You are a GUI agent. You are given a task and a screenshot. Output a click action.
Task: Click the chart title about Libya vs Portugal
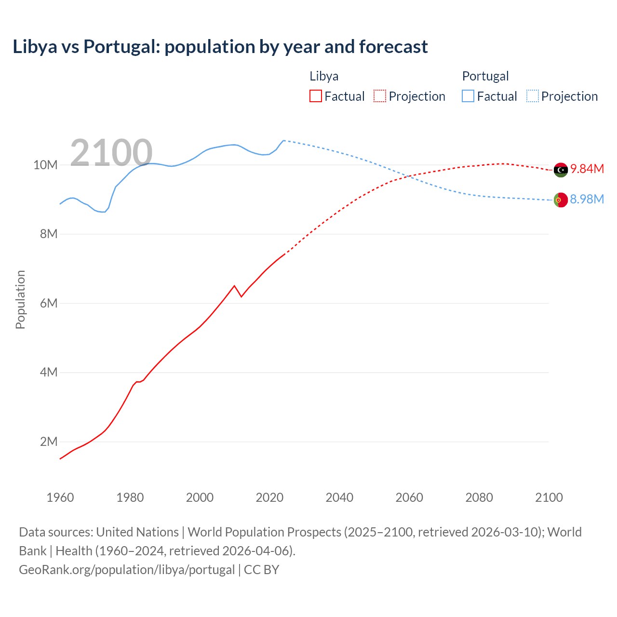(x=220, y=47)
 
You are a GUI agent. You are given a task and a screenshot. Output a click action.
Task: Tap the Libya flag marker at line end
(x=561, y=170)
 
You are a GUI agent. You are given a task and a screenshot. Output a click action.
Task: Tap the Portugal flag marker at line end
(x=561, y=200)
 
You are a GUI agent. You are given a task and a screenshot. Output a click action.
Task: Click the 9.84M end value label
(x=587, y=169)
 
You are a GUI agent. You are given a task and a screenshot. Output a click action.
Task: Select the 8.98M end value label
(x=587, y=199)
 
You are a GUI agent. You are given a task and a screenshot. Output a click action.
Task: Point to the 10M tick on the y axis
(x=45, y=165)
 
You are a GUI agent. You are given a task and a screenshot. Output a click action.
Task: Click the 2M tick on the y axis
(x=48, y=442)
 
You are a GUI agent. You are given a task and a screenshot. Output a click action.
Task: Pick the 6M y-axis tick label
(x=48, y=303)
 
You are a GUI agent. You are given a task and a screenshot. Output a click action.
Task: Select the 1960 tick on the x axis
(x=60, y=497)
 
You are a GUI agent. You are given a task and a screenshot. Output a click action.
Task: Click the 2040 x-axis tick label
(x=339, y=497)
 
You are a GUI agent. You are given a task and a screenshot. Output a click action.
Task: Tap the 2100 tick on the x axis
(x=549, y=497)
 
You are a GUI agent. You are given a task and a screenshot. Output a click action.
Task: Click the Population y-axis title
(x=20, y=299)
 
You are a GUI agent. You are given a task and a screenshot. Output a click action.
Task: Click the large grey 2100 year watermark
(x=111, y=153)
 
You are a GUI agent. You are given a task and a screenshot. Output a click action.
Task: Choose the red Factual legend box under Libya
(x=315, y=96)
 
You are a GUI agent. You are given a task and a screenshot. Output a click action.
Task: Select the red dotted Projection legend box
(x=380, y=96)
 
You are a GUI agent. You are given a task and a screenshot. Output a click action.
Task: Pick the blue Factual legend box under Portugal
(x=468, y=96)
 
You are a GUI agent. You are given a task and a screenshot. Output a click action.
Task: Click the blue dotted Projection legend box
(x=532, y=96)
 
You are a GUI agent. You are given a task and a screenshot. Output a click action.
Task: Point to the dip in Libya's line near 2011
(x=241, y=296)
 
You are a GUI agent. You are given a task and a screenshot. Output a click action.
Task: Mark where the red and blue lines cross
(x=409, y=176)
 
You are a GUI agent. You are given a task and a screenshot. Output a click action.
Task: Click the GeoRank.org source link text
(x=127, y=569)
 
